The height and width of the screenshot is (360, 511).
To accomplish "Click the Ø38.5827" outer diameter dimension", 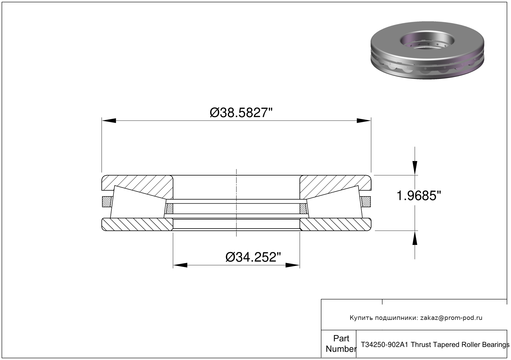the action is (241, 113).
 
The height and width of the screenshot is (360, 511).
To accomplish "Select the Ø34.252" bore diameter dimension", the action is (253, 257).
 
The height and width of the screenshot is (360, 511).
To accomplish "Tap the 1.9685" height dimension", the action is (419, 195).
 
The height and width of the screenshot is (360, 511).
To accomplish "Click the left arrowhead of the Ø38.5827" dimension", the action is (109, 121).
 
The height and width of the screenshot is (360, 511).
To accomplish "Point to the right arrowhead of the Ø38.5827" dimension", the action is (364, 121).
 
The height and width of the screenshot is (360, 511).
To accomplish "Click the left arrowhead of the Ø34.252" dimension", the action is (180, 265).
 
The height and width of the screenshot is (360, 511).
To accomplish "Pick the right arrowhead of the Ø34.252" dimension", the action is (293, 265).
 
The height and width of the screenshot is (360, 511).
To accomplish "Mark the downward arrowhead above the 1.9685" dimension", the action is (415, 168).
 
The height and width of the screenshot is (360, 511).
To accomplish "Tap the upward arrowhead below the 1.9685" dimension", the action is (415, 238).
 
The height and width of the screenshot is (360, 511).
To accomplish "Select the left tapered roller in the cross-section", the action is (138, 202).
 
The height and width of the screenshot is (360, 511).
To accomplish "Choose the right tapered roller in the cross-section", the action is (335, 202).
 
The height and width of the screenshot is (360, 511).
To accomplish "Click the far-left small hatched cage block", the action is (106, 201).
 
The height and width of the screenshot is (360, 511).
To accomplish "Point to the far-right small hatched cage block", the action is (366, 201).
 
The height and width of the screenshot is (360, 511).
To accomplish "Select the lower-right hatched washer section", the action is (335, 224).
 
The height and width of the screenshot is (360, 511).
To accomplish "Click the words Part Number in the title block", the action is (341, 344).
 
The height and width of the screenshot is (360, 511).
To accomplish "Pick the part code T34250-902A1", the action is (384, 345).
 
